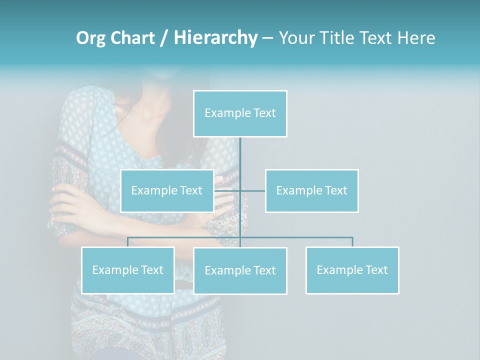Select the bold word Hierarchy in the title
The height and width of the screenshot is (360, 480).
215,38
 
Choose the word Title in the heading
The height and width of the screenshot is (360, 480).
340,38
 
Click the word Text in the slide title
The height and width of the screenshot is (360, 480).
378,38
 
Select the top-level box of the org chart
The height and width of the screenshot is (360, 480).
240,113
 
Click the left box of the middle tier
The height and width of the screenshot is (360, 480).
167,190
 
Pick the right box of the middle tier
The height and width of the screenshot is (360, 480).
311,190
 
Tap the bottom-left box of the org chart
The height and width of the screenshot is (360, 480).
127,270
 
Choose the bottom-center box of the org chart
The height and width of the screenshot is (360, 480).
240,270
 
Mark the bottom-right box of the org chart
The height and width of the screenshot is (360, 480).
352,270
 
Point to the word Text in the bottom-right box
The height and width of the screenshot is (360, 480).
376,270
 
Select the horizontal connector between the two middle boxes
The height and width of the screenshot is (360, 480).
252,190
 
